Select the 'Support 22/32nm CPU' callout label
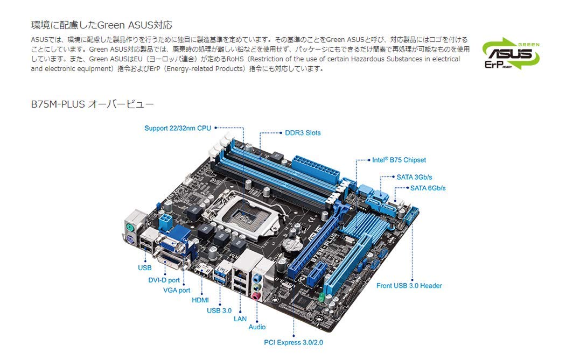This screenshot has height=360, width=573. pos(178,128)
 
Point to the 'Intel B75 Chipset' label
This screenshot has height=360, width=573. pos(399,160)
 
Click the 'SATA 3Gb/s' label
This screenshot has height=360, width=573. pos(415,177)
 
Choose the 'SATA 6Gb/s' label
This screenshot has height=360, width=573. pos(428,188)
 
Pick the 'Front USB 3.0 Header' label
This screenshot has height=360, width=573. pos(409,286)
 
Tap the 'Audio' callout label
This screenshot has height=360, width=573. pos(257,327)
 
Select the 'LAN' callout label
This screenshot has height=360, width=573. pos(240,319)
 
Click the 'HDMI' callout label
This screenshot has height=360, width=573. pos(200,300)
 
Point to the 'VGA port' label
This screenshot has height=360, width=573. pos(177,290)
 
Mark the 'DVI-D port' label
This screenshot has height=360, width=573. pos(164,280)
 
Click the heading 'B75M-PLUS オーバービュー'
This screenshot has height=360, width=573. pos(93,103)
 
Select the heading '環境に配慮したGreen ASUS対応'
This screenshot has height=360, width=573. pos(102,25)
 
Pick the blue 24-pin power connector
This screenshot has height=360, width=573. pos(316,170)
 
